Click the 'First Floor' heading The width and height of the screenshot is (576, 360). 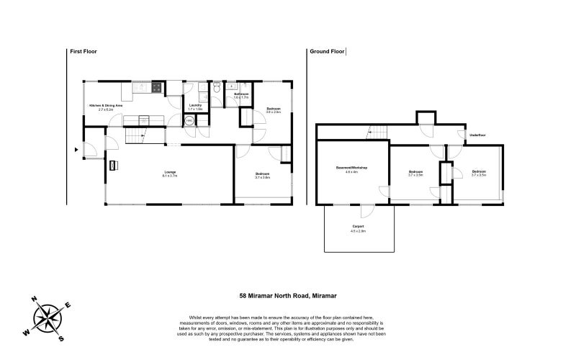83,52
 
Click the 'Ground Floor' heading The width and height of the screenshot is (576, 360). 324,52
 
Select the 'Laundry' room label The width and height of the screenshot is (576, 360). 194,106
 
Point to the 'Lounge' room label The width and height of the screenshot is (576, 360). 171,172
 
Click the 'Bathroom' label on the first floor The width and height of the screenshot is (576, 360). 241,94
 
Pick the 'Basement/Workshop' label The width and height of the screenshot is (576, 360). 351,168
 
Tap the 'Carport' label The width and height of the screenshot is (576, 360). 358,227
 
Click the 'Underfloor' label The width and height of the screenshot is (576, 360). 477,135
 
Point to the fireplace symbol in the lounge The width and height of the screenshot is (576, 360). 112,166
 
